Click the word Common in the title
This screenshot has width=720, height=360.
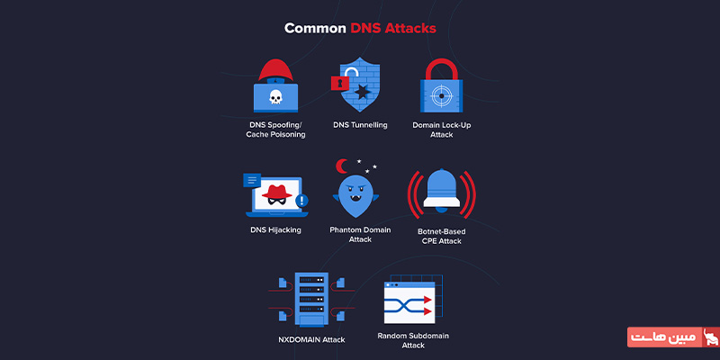315,29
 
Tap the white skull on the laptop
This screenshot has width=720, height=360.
275,97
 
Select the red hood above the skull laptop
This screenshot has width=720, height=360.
275,70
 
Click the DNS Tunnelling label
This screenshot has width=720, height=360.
361,125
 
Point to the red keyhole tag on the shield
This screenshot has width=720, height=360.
340,83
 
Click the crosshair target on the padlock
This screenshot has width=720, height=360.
441,96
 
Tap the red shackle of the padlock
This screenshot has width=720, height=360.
441,69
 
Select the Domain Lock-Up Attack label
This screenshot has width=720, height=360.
441,130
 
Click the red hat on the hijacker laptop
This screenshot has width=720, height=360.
277,192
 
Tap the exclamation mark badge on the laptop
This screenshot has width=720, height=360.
301,200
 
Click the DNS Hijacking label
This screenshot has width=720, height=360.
275,229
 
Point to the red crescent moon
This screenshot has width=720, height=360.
341,166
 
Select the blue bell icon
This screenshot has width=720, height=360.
441,190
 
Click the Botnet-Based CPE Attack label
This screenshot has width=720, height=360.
441,236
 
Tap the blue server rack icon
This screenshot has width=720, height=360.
311,299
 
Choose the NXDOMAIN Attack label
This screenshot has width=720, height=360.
311,340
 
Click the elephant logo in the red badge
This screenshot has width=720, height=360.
711,337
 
